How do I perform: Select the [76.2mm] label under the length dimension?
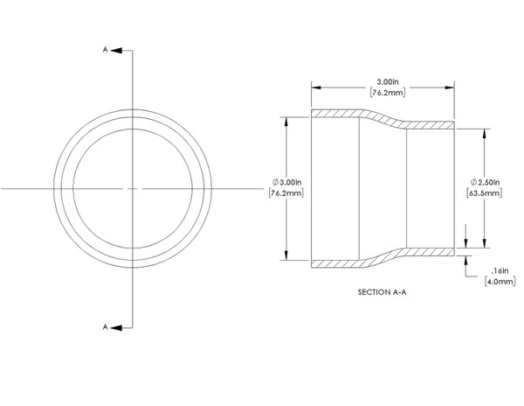tap(384, 92)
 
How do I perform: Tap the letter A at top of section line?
tap(106, 50)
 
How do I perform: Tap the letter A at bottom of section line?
tap(106, 326)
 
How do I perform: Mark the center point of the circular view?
tap(132, 188)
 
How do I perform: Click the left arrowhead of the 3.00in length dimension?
tap(316, 87)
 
